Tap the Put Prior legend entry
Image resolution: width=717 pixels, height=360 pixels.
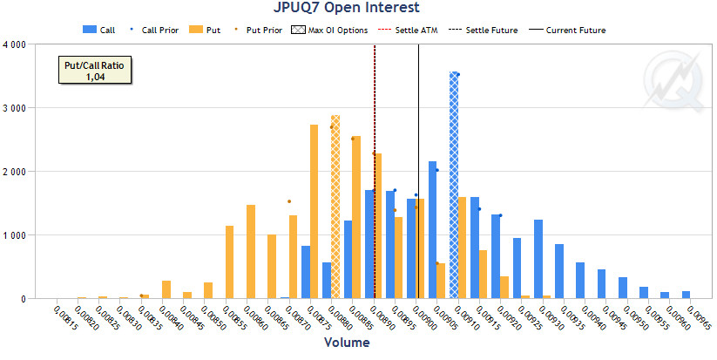pyautogui.click(x=260, y=30)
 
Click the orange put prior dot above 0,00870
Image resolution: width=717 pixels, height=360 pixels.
pyautogui.click(x=289, y=201)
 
